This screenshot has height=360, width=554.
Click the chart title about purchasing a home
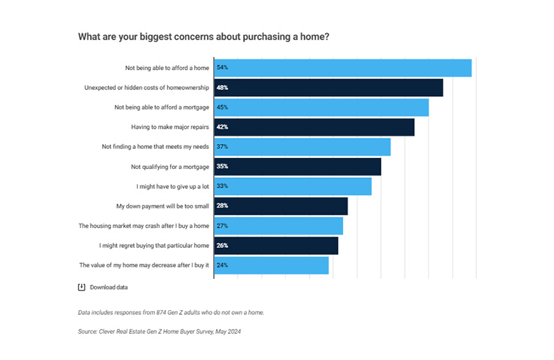tap(204, 37)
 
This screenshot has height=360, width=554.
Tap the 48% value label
tap(222, 88)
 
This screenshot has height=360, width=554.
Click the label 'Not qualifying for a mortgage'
tap(170, 167)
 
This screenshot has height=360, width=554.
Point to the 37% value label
tap(222, 147)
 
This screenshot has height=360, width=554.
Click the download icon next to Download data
tap(81, 287)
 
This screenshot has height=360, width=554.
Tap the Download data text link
tap(109, 287)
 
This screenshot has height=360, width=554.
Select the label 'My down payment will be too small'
tap(162, 206)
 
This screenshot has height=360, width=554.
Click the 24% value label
tap(222, 265)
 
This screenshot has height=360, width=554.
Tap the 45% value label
tap(222, 107)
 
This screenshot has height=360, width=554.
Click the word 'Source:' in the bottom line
tap(89, 332)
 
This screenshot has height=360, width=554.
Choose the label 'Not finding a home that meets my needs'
tap(155, 147)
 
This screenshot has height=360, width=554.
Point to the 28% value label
tap(222, 206)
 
